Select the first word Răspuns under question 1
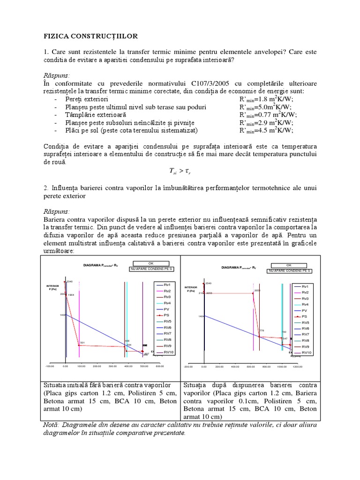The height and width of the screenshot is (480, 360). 56,75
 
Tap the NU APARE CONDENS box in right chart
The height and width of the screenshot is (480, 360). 289,271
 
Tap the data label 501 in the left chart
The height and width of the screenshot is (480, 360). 82,343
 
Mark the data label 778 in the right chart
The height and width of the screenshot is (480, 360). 262,330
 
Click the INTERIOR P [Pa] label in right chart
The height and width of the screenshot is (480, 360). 191,289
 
